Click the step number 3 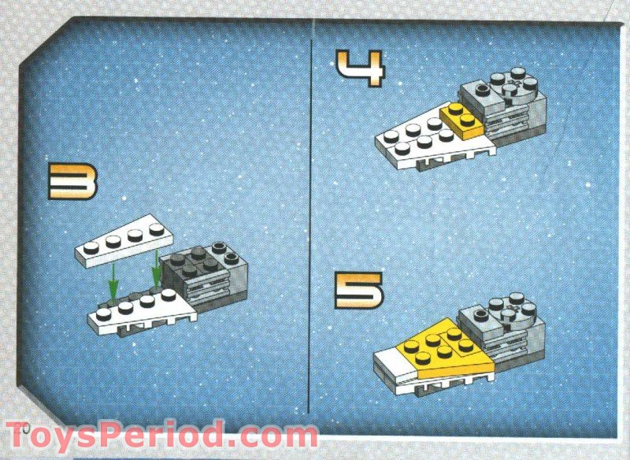point(72,181)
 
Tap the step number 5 point(358,290)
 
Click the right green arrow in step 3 point(157,271)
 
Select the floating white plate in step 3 point(122,239)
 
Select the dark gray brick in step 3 point(197,264)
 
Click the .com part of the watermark point(272,436)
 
